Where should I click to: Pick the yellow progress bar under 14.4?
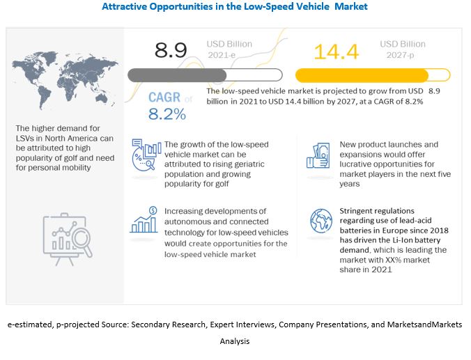(362, 75)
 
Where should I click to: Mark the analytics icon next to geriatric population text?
(145, 155)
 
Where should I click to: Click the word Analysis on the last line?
(235, 341)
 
